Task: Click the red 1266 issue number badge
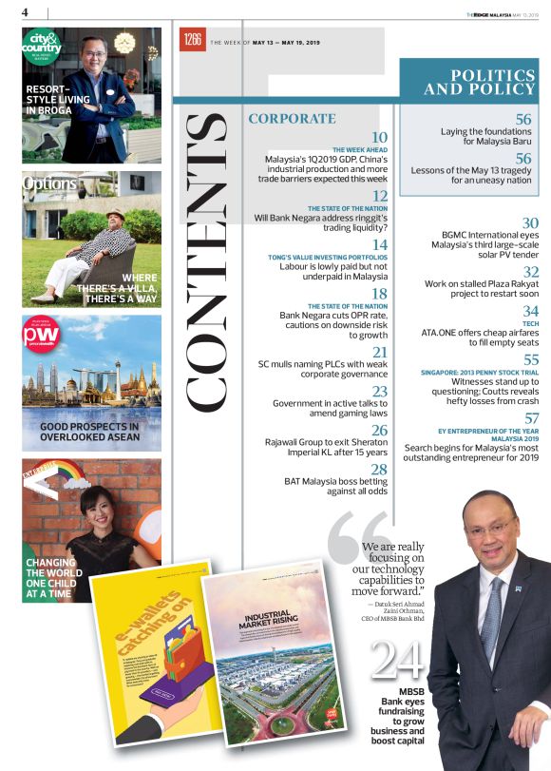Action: point(193,39)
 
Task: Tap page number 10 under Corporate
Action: point(378,139)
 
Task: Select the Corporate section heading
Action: point(292,119)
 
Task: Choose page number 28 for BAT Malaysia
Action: point(378,470)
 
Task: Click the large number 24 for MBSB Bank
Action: point(397,659)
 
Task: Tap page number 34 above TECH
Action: point(531,311)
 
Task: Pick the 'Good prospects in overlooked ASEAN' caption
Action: point(89,434)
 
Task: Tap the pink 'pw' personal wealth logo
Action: point(42,336)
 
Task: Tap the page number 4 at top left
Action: point(25,12)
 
